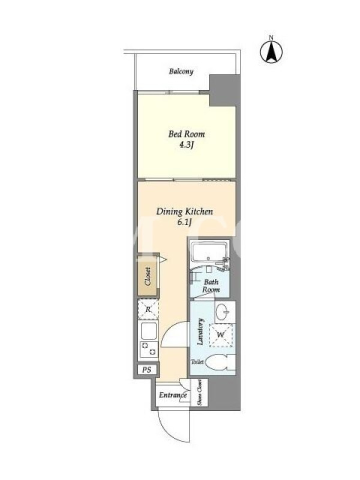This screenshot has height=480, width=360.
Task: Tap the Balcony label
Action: [x=181, y=71]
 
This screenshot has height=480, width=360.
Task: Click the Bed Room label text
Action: [x=187, y=134]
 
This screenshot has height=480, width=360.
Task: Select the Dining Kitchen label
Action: [x=185, y=212]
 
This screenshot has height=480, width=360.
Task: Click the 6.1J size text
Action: [x=184, y=223]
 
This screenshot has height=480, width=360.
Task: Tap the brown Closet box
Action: [x=148, y=276]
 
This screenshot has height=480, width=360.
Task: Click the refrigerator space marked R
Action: [x=148, y=309]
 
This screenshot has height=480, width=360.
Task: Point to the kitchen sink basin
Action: [x=148, y=331]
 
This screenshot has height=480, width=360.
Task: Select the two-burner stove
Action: [x=148, y=349]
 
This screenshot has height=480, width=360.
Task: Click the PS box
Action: [x=146, y=370]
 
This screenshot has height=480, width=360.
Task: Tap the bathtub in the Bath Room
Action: [x=209, y=252]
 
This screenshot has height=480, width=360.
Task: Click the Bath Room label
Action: [x=211, y=286]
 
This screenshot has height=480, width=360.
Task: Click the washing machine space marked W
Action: [x=221, y=335]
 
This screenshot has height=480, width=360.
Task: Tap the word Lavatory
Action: [x=200, y=332]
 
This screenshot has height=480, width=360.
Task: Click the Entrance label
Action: [x=173, y=395]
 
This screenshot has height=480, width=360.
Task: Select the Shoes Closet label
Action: [x=200, y=392]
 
